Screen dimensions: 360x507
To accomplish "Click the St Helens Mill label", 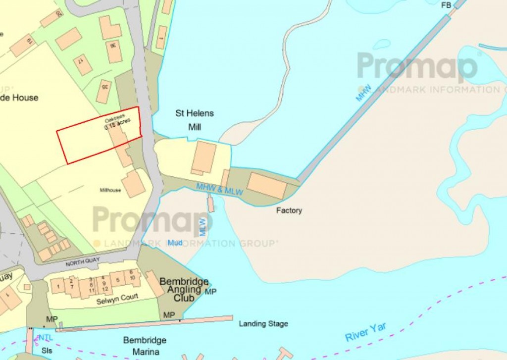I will coord(195,120).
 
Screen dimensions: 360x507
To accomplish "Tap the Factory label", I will coord(289,210).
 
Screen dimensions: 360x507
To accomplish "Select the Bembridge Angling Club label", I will coord(184,290).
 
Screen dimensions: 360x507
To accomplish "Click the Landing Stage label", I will coord(263,324).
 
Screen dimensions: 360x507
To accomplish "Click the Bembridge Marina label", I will coord(145,346).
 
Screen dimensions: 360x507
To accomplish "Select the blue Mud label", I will coord(175,243).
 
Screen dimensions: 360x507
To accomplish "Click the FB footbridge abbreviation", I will coord(446,5).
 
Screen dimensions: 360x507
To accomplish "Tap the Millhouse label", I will coord(110,190).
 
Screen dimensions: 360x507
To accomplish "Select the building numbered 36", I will coord(114,51).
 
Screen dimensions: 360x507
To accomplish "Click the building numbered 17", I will coord(83,64).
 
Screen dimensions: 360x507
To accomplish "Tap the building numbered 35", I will coord(104,91).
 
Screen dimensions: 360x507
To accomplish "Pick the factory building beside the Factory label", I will coord(267,186).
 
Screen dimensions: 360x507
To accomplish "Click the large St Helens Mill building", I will coord(204,157).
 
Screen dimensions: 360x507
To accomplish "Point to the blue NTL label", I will coord(46,338).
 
